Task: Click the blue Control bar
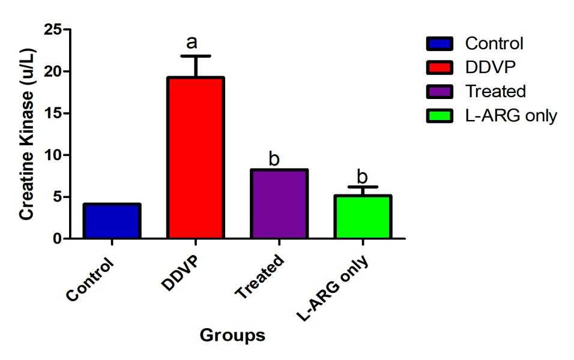pyautogui.click(x=112, y=221)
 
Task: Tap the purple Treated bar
pyautogui.click(x=280, y=204)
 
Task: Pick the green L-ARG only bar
pyautogui.click(x=363, y=217)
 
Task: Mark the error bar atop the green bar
pyautogui.click(x=363, y=187)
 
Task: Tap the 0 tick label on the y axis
pyautogui.click(x=57, y=239)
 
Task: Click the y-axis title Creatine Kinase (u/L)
pyautogui.click(x=26, y=134)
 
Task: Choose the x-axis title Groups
pyautogui.click(x=232, y=335)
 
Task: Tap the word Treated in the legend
pyautogui.click(x=495, y=91)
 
